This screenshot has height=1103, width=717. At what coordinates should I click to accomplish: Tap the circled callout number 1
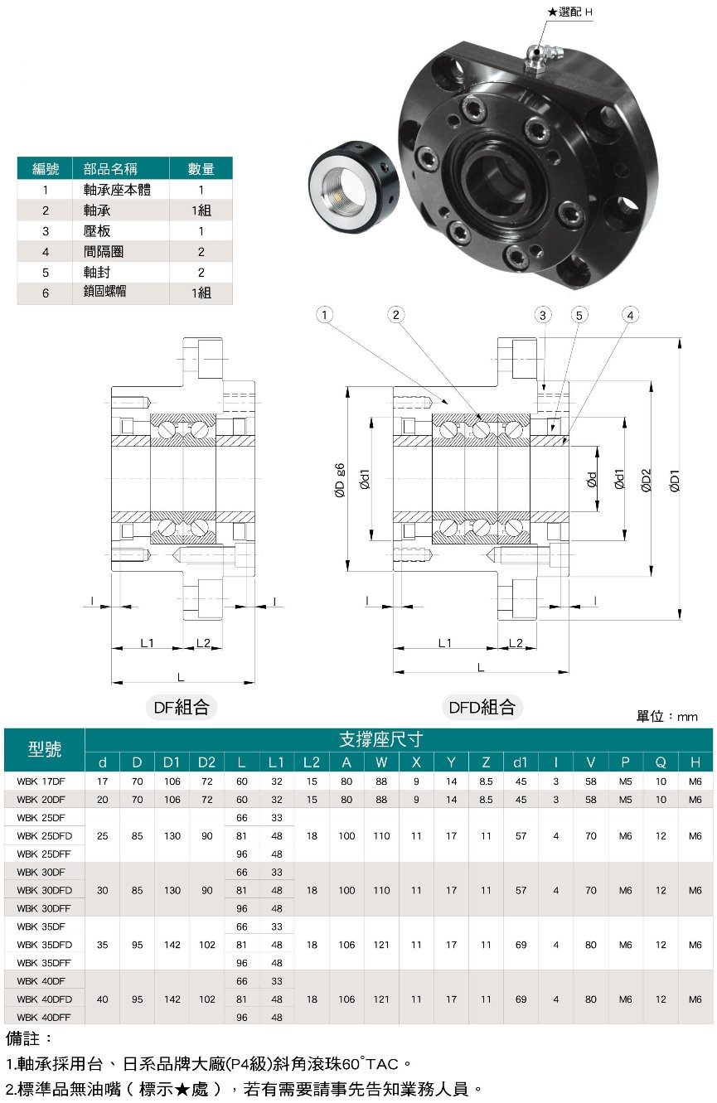click(325, 315)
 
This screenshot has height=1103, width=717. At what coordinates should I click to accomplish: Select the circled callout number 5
click(579, 315)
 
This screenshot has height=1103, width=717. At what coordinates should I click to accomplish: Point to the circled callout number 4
click(631, 315)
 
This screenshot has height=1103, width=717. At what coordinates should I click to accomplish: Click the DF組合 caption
click(182, 707)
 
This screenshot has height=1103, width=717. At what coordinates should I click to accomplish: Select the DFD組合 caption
click(482, 707)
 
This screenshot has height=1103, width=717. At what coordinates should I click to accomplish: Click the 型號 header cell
click(45, 749)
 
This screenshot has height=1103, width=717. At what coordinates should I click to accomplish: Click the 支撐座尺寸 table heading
click(381, 739)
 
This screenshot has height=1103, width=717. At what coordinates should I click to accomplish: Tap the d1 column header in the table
click(521, 762)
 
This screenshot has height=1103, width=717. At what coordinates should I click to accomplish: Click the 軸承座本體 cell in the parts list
click(118, 190)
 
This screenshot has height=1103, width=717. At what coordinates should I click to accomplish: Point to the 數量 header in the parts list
click(201, 169)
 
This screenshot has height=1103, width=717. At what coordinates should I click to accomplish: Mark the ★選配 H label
click(570, 12)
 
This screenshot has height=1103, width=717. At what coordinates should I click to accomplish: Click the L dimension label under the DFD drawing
click(480, 667)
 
